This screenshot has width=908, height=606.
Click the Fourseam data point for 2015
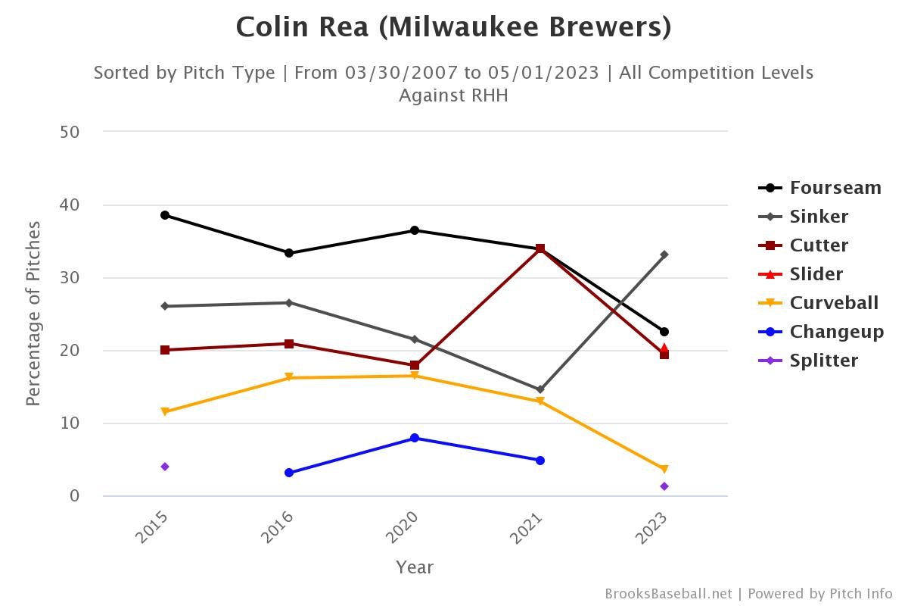(x=165, y=215)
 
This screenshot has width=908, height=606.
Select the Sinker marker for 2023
(x=664, y=255)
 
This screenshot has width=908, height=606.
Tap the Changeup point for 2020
(x=415, y=438)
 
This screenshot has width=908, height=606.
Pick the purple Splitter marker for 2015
(x=165, y=467)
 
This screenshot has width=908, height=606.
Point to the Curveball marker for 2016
(x=289, y=377)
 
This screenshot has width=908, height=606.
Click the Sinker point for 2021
(x=540, y=389)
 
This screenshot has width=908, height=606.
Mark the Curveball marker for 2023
(x=664, y=470)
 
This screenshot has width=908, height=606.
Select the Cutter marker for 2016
(x=289, y=344)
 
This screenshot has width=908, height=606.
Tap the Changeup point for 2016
(x=289, y=473)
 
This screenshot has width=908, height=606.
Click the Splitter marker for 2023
(x=664, y=486)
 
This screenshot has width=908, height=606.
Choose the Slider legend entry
(x=816, y=274)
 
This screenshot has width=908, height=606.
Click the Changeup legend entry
(x=836, y=332)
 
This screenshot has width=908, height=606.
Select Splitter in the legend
(x=823, y=361)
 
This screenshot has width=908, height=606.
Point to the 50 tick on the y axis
(x=70, y=132)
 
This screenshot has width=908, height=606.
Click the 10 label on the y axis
(x=70, y=423)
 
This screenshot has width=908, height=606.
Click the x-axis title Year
(x=415, y=567)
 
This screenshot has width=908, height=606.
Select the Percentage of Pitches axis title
(x=33, y=314)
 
